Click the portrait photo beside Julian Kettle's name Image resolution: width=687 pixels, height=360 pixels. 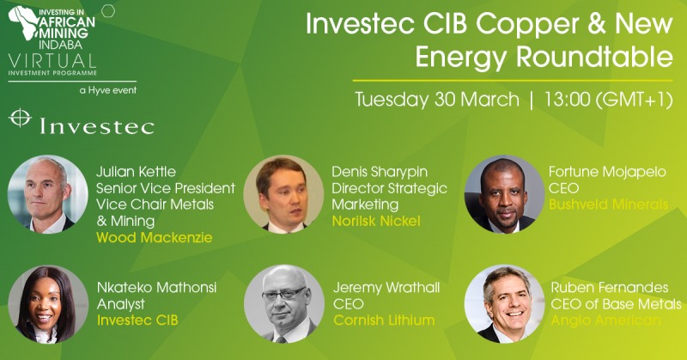coord(48,194)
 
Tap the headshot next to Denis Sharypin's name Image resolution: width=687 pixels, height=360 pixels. coord(283,194)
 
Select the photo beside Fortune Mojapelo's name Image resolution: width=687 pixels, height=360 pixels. coord(504,194)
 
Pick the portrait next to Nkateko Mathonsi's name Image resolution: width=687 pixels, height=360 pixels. coord(48,304)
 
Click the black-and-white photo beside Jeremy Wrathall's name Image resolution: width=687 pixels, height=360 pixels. coord(284,304)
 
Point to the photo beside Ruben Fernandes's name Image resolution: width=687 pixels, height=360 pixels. coord(505,304)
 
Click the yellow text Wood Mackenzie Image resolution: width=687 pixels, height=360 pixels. coord(155,238)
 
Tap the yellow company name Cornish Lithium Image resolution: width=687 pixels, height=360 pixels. coord(384,320)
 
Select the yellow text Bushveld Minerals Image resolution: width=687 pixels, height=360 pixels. coord(609,204)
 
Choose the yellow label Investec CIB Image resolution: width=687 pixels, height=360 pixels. coord(137,320)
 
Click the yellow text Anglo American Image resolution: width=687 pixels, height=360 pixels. coord(605,320)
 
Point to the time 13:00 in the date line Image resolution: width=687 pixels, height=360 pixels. coord(567,100)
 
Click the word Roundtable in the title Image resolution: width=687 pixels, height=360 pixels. coord(594,57)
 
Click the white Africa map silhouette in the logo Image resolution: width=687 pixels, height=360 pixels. coord(24,23)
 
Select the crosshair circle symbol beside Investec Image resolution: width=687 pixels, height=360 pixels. coord(20,118)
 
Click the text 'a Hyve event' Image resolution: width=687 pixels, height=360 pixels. coord(108,90)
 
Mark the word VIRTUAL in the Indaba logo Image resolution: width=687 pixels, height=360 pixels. coord(52,60)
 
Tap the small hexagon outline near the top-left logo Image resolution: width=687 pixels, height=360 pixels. coord(108,11)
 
